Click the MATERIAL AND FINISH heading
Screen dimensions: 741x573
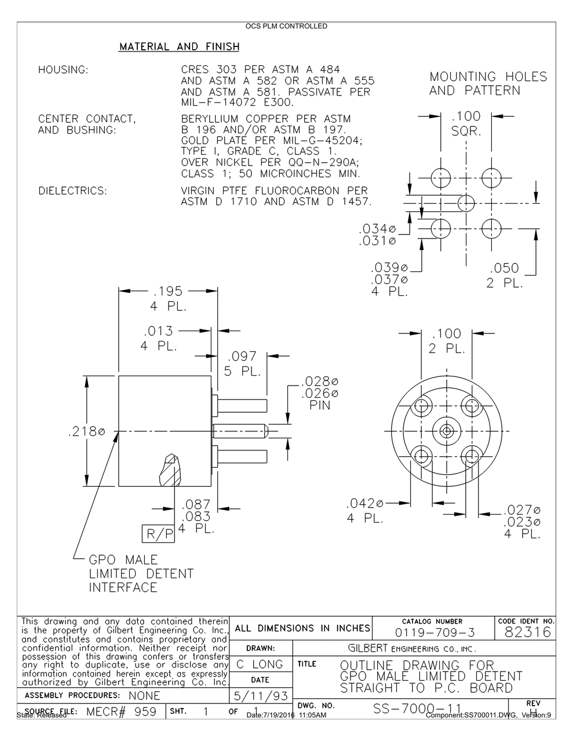click(x=178, y=46)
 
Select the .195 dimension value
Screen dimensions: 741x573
click(x=168, y=291)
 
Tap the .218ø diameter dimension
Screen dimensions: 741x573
click(x=86, y=432)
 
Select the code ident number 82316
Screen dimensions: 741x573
click(x=527, y=632)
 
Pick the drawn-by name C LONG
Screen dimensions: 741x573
click(x=260, y=664)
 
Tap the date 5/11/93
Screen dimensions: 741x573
click(x=260, y=694)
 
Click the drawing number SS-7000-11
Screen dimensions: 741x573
click(x=417, y=709)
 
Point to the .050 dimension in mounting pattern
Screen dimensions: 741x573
click(x=504, y=269)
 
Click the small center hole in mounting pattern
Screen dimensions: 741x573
click(x=466, y=203)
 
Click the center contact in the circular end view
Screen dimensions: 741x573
click(x=446, y=431)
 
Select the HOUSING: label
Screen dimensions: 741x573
click(x=63, y=70)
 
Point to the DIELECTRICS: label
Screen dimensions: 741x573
click(x=72, y=190)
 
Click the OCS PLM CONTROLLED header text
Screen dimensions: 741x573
click(x=286, y=26)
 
